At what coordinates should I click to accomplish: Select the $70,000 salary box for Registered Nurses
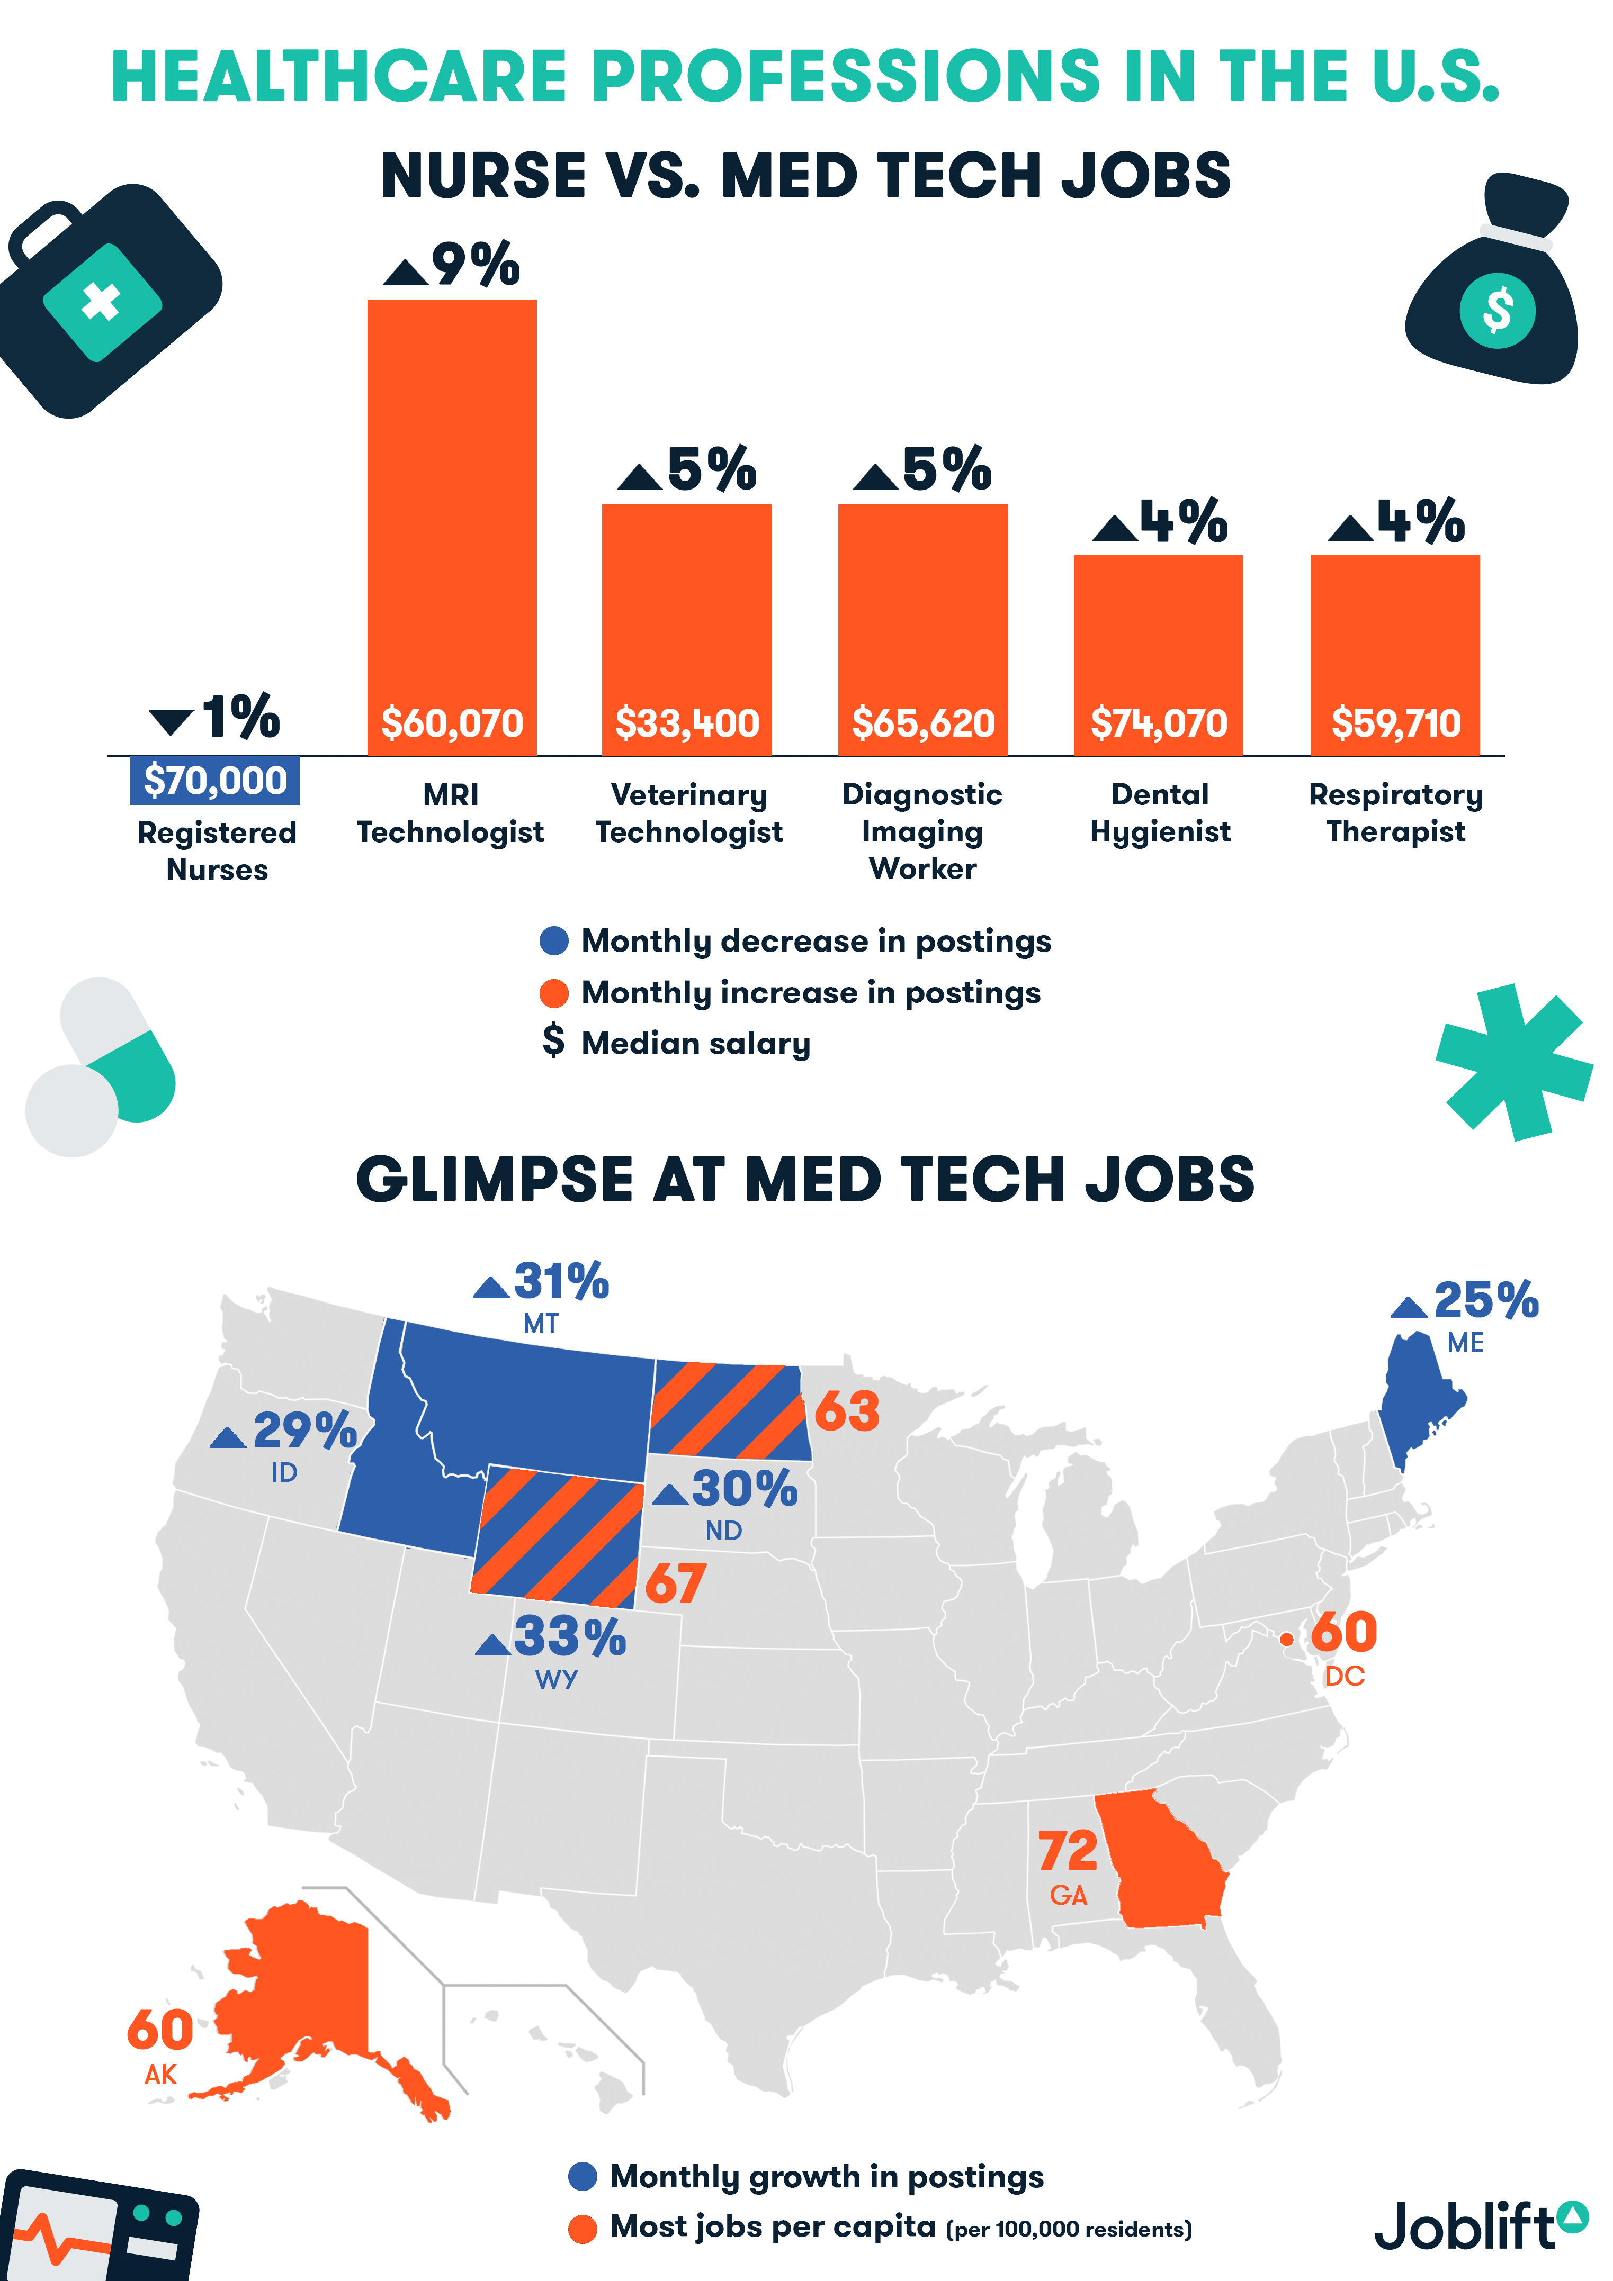click(x=214, y=781)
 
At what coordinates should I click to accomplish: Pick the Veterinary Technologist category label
click(x=689, y=813)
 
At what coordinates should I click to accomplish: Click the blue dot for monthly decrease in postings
click(x=553, y=941)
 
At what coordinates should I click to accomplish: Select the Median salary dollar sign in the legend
click(x=553, y=1041)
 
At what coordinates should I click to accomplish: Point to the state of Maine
click(x=1416, y=1396)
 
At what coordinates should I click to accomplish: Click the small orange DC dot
click(x=1286, y=1639)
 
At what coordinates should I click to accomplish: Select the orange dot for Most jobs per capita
click(x=583, y=2229)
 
